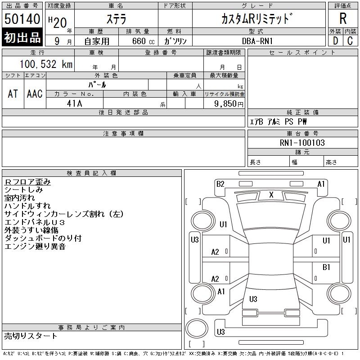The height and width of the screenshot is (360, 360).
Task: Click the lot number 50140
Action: point(22,19)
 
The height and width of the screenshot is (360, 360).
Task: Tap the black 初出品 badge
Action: point(22,37)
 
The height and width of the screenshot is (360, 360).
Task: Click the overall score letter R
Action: point(343,19)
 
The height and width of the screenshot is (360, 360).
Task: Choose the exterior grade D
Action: point(335,40)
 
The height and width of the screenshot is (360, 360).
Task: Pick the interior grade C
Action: point(350,40)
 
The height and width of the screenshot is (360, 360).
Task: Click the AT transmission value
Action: point(13,93)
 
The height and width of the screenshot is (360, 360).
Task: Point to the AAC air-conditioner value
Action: point(35,93)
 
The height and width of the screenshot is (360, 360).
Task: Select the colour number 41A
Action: point(75,103)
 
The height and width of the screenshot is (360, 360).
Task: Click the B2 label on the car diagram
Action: point(220,184)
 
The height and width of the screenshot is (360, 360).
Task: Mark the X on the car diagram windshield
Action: point(271,194)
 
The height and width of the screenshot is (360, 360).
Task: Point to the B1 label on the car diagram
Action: point(327,267)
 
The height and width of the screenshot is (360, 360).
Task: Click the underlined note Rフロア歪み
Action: point(27,182)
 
